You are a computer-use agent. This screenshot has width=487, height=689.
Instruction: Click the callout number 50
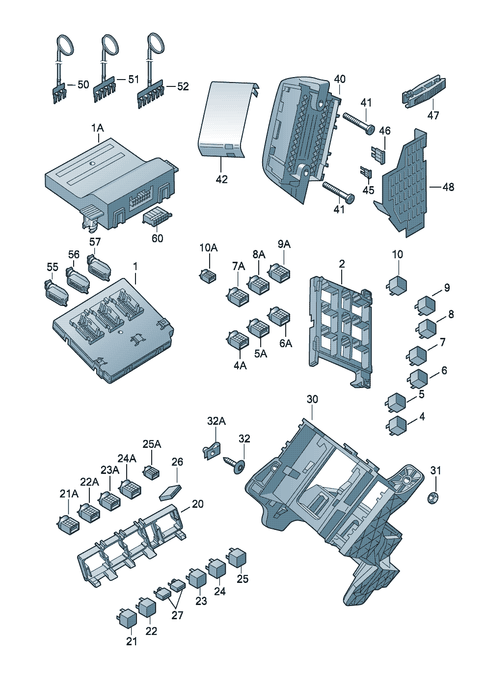(x=83, y=84)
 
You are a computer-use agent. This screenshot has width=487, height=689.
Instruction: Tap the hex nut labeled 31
(x=433, y=498)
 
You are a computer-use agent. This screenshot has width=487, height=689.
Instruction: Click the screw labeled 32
(x=235, y=464)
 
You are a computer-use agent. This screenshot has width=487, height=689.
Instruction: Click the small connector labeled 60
(x=156, y=218)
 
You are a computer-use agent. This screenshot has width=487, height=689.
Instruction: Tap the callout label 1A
(x=97, y=128)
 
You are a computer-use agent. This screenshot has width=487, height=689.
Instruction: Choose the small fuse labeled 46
(x=380, y=154)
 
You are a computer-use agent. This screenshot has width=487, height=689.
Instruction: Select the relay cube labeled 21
(x=127, y=618)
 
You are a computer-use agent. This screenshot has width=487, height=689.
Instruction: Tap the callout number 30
(x=312, y=399)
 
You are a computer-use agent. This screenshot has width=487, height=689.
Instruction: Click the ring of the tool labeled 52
(x=157, y=43)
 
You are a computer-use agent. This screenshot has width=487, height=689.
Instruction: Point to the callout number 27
(x=177, y=615)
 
